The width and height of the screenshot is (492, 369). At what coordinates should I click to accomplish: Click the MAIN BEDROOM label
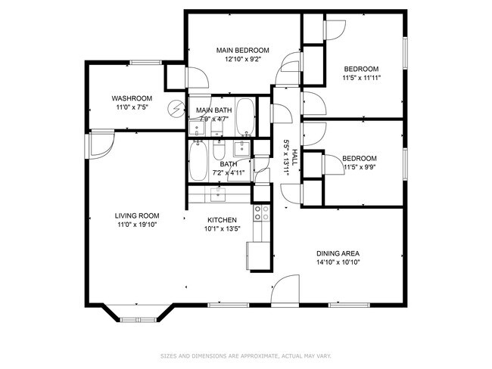tap(242, 50)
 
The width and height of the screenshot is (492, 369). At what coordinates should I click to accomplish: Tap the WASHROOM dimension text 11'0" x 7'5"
tap(132, 107)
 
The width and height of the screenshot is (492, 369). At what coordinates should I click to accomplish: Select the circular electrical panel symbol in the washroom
tap(176, 108)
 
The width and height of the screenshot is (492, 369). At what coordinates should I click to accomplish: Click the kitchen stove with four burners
tap(261, 213)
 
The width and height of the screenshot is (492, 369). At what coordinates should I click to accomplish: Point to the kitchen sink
tap(218, 195)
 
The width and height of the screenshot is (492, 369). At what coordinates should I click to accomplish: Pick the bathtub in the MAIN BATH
tap(245, 116)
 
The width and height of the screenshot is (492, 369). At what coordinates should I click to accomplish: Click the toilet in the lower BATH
tap(219, 150)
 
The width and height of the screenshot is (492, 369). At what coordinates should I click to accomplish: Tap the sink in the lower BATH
tap(241, 149)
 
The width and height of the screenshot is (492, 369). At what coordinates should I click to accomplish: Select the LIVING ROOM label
tap(137, 216)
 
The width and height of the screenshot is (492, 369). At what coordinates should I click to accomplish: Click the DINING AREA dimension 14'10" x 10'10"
tap(338, 262)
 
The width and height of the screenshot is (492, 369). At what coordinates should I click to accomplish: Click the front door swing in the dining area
tap(285, 290)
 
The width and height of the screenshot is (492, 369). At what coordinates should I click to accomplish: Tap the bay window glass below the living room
tap(139, 320)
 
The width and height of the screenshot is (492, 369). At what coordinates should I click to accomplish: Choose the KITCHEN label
tap(222, 220)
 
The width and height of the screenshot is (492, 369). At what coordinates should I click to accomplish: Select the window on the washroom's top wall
tap(145, 63)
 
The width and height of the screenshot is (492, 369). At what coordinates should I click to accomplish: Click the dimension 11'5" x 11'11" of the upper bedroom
tap(362, 78)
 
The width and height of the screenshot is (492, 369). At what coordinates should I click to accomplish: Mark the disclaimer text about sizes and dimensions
tap(246, 356)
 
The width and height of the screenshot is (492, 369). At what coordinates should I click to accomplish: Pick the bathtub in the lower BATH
tap(198, 161)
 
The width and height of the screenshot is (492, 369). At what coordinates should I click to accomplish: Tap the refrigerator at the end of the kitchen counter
tap(258, 256)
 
